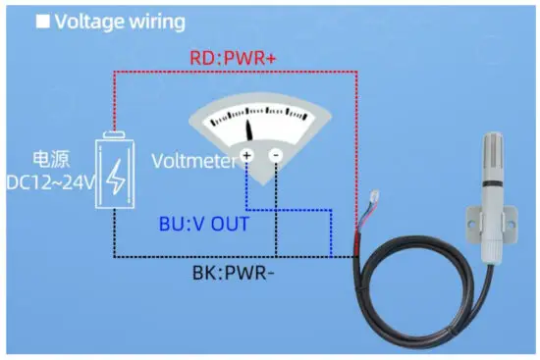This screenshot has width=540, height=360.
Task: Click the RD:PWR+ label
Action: click(233, 59)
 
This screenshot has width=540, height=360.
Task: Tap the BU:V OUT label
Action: click(203, 224)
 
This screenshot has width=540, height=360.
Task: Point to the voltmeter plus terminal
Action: click(246, 156)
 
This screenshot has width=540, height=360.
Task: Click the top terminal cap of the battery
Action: click(116, 134)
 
